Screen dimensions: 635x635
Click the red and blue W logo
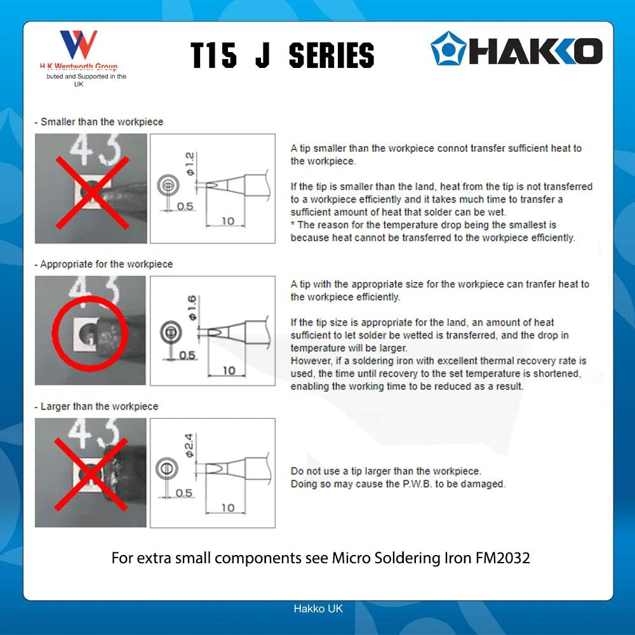pyautogui.click(x=78, y=45)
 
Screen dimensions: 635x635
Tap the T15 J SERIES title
pyautogui.click(x=283, y=56)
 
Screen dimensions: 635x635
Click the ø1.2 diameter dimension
pyautogui.click(x=190, y=163)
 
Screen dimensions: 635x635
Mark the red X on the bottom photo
pyautogui.click(x=90, y=475)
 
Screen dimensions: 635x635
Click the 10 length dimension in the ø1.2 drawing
pyautogui.click(x=227, y=222)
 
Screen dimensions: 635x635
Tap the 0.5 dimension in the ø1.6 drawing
pyautogui.click(x=187, y=355)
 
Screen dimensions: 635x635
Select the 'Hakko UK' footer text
pyautogui.click(x=317, y=608)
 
